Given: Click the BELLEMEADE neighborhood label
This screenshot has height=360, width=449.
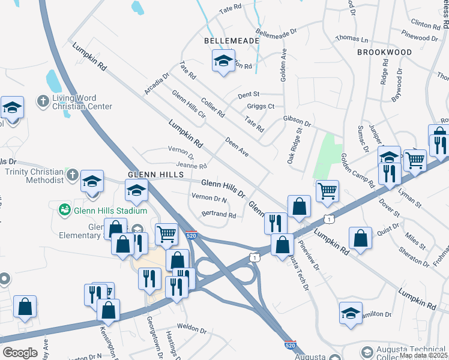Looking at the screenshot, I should pyautogui.click(x=232, y=41).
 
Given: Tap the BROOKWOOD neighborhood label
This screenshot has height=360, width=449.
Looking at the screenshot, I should pyautogui.click(x=384, y=52).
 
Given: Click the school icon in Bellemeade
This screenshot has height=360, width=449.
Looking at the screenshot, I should pyautogui.click(x=223, y=61).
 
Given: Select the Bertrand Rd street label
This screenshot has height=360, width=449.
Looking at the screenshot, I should pyautogui.click(x=218, y=214).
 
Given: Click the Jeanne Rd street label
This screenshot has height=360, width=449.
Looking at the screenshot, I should pyautogui.click(x=191, y=166).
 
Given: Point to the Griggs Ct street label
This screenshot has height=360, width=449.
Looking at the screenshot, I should pyautogui.click(x=261, y=107).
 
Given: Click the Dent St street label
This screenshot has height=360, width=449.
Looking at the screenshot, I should pyautogui.click(x=248, y=94).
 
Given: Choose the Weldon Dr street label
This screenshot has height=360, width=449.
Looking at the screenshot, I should pyautogui.click(x=191, y=330).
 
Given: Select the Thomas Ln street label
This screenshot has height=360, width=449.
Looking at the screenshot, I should pyautogui.click(x=352, y=38).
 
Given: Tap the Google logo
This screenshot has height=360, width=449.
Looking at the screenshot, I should pyautogui.click(x=20, y=353).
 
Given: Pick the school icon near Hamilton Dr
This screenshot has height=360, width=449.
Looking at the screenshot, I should pyautogui.click(x=351, y=313).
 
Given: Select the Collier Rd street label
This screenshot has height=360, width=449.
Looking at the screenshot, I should pyautogui.click(x=213, y=107).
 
